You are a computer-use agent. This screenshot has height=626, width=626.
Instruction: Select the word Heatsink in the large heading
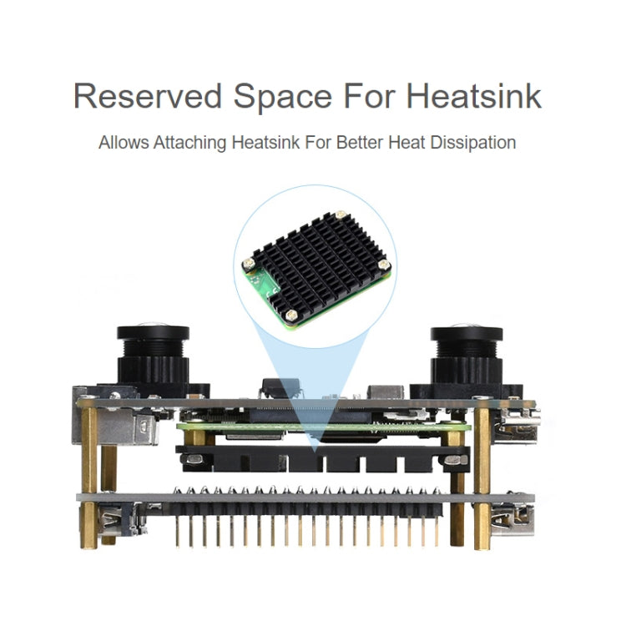tap(473, 96)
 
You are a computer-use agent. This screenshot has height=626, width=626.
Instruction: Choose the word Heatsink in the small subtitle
tap(267, 143)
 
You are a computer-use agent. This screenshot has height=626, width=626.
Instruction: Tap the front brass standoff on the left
tap(89, 476)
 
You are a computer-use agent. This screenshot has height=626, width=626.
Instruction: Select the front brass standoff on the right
tap(482, 476)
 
